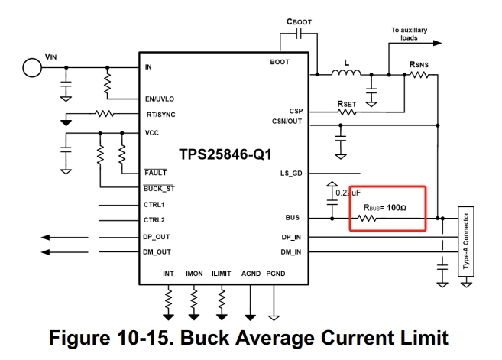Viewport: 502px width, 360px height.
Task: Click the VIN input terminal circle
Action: [x=32, y=67]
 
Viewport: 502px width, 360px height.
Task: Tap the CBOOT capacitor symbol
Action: [x=299, y=34]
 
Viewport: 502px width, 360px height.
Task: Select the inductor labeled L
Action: [x=346, y=73]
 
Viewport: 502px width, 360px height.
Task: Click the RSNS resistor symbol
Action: [x=419, y=75]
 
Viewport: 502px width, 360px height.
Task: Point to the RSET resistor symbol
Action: [x=347, y=112]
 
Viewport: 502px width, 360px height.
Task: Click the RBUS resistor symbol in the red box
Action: [x=367, y=219]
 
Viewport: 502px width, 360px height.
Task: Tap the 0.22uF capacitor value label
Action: [x=348, y=193]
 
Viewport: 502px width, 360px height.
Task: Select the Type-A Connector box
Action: [x=466, y=242]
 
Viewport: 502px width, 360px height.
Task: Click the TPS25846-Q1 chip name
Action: [x=225, y=154]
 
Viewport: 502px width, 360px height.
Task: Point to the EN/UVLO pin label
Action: [x=160, y=99]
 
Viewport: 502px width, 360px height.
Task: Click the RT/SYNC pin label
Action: [x=160, y=115]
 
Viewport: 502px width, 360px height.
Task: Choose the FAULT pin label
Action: [x=156, y=173]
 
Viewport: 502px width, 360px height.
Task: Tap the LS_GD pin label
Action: [x=291, y=174]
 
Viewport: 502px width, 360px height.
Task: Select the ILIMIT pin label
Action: [x=222, y=274]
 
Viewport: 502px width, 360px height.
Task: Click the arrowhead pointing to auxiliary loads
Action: [x=437, y=43]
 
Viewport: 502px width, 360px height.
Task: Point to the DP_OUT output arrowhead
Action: [x=45, y=238]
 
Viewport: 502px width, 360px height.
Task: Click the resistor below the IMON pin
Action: [x=193, y=300]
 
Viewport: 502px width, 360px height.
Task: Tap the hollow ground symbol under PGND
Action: [x=274, y=318]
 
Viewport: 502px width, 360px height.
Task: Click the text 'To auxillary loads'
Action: [x=409, y=34]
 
